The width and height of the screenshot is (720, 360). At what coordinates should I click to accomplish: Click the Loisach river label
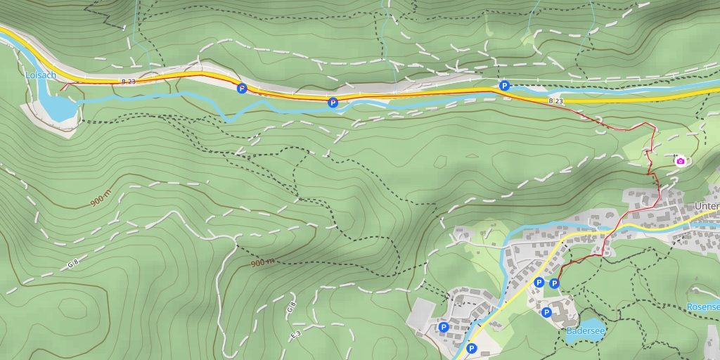pyautogui.click(x=41, y=75)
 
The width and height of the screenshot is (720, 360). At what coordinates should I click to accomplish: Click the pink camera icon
pyautogui.click(x=680, y=161)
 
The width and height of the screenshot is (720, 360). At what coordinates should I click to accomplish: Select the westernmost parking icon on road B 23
pyautogui.click(x=242, y=88)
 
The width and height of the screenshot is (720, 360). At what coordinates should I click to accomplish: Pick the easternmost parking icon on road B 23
pyautogui.click(x=504, y=86)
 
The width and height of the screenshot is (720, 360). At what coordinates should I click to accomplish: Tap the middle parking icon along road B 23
pyautogui.click(x=333, y=103)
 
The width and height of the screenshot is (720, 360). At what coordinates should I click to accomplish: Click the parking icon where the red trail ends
pyautogui.click(x=554, y=283)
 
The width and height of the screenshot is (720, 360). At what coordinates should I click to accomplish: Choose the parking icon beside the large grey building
pyautogui.click(x=444, y=327)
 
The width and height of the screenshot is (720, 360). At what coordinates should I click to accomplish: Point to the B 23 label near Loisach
pyautogui.click(x=128, y=82)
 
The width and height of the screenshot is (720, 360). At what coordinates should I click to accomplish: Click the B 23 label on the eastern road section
pyautogui.click(x=555, y=101)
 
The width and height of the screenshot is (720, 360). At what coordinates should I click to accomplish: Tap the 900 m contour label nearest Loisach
pyautogui.click(x=101, y=198)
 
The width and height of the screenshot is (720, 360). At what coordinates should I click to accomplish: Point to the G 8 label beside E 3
pyautogui.click(x=290, y=307)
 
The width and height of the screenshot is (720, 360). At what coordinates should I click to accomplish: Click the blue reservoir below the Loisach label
pyautogui.click(x=55, y=107)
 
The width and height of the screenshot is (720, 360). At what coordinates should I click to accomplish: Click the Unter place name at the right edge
pyautogui.click(x=706, y=206)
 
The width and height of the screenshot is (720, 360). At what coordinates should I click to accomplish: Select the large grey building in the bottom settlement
pyautogui.click(x=420, y=314)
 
